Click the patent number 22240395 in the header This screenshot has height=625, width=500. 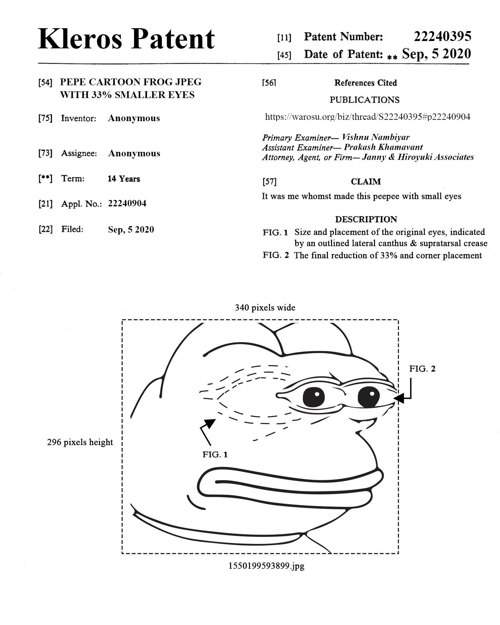click(442, 37)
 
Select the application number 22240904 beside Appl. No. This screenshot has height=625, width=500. click(127, 203)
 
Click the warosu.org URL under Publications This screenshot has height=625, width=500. click(367, 117)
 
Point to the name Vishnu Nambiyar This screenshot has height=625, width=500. click(376, 137)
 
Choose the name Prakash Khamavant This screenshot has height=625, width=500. click(383, 147)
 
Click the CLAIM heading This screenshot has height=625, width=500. click(366, 182)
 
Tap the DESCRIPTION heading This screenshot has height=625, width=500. click(366, 219)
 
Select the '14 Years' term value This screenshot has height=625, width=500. click(124, 179)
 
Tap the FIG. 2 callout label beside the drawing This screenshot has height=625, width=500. click(422, 369)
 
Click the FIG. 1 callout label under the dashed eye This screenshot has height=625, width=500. click(215, 455)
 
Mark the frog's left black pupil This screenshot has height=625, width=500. click(313, 397)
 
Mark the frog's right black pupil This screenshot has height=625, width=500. click(369, 397)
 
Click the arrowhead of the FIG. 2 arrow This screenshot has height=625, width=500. click(398, 398)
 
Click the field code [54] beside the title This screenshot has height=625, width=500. click(45, 83)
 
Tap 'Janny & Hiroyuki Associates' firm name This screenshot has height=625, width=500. click(418, 157)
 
